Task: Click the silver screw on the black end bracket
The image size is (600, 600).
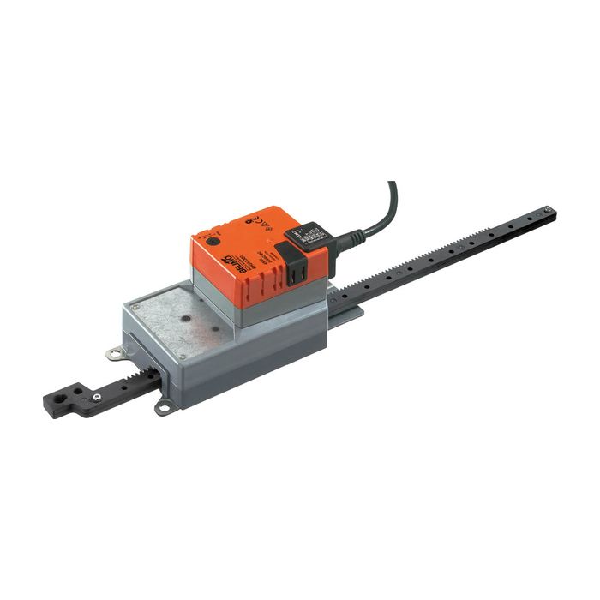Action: click(99, 397)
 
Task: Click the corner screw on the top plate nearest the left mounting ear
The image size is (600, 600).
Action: click(135, 306)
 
